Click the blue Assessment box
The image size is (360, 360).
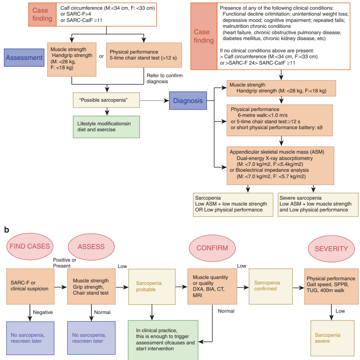click(24, 58)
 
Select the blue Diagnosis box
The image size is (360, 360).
click(188, 101)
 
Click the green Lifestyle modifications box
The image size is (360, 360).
click(106, 127)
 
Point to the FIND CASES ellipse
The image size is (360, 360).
click(30, 246)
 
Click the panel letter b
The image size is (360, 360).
click(7, 230)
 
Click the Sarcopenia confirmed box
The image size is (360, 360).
click(270, 286)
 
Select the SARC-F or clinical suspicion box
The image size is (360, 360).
click(30, 286)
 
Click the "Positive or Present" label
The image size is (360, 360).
click(64, 263)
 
